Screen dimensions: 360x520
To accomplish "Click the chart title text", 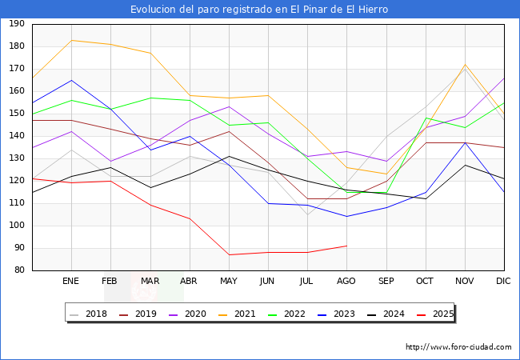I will coord(260,10).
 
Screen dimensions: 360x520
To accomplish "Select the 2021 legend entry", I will coord(237,314).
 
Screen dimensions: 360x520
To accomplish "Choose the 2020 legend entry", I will coord(188,314).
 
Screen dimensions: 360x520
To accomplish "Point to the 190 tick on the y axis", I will coord(17,24).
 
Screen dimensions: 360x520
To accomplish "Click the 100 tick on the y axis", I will coord(17,226).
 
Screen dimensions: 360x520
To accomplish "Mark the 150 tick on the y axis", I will coord(17,114).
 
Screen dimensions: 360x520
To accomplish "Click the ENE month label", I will coord(71,282).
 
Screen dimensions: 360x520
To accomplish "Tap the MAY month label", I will coord(229,282).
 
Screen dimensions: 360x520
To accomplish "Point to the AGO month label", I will coord(346,282).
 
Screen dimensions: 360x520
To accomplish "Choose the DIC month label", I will coord(503,282).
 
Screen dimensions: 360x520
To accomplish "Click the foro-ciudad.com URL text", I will coord(458,347).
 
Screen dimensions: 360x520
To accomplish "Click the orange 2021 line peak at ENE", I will coord(72,40).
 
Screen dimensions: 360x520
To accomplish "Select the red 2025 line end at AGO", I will coord(346,246).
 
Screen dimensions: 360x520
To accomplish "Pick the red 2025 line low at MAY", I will coord(229,254).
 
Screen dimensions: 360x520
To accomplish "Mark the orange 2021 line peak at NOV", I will coord(465,65).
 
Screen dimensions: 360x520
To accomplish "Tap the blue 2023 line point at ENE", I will coord(72,80).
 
